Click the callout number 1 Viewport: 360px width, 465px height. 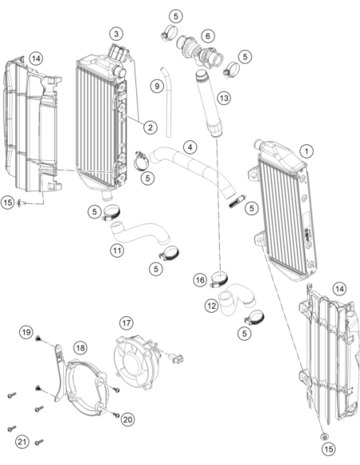[307, 151]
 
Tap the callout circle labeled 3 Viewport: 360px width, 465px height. [116, 33]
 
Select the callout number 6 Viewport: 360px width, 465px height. [208, 36]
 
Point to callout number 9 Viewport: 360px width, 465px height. [157, 86]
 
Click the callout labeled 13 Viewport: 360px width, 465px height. [224, 98]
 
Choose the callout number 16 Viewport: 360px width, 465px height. [200, 280]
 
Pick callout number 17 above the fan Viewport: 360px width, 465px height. [127, 322]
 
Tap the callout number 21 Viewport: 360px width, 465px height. [22, 442]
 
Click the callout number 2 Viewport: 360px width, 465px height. [151, 127]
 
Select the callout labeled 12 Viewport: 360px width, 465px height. [212, 306]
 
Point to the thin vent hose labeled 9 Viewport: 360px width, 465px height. [167, 102]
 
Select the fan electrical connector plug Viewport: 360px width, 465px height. [176, 358]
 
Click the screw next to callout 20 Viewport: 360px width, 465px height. [116, 415]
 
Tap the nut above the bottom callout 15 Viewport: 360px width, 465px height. [325, 436]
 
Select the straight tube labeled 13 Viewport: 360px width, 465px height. [209, 104]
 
